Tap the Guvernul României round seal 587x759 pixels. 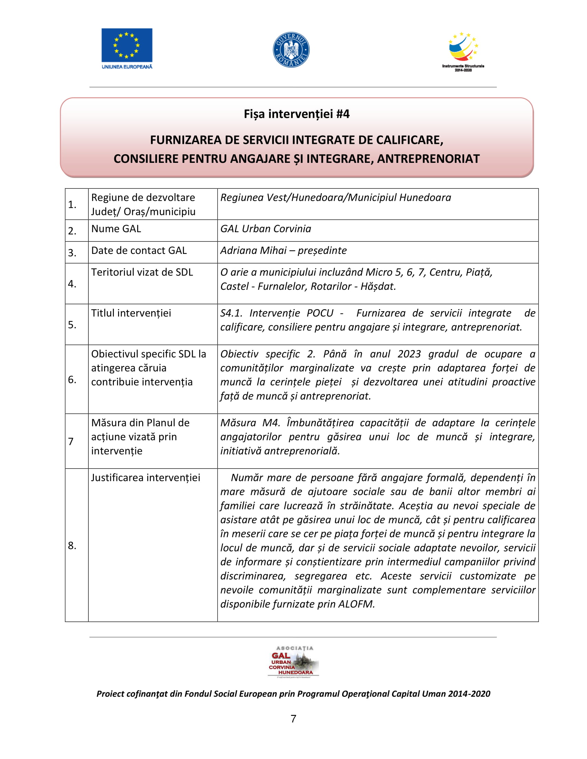pos(291,50)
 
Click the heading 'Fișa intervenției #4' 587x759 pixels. pos(296,114)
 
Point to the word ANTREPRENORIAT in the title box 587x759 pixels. pos(428,159)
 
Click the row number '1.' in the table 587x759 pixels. pos(72,205)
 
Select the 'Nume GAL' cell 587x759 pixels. pos(116,229)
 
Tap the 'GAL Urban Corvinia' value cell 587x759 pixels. pos(266,229)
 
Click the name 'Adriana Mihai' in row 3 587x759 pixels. pos(253,250)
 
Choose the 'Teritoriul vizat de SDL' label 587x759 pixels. pos(142,272)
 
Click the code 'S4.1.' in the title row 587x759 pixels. pos(231,313)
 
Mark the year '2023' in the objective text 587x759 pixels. pos(409,354)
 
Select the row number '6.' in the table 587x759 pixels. pos(72,379)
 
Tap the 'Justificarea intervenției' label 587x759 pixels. pos(145,478)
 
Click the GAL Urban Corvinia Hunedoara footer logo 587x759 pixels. pos(293,662)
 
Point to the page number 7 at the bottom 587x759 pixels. pos(293,719)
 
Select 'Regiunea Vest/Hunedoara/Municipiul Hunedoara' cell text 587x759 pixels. pos(336,198)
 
